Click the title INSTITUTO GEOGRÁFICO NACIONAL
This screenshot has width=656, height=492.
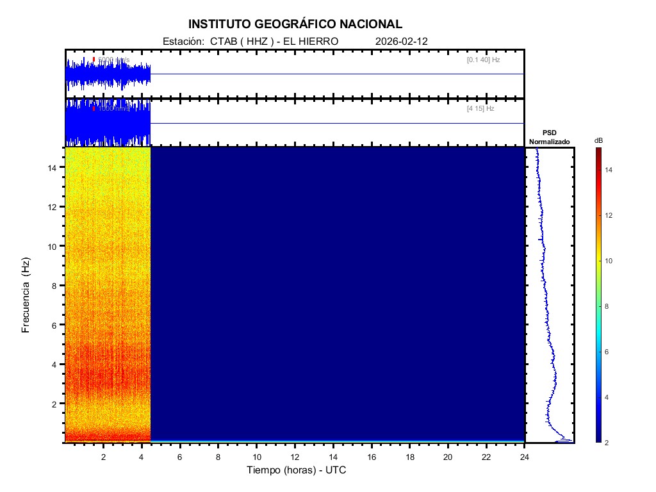pos(295,24)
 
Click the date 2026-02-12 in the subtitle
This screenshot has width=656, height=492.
pos(402,41)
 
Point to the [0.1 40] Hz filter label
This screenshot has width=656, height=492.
pos(483,60)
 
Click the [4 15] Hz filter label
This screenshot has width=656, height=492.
pos(480,109)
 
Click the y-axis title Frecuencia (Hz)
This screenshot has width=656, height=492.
pos(26,295)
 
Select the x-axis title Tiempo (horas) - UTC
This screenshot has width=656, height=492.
pos(297,470)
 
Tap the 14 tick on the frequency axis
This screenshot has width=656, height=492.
pos(54,167)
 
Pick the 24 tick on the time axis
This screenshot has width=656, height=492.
pos(525,457)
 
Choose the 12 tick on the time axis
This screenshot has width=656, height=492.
pos(295,457)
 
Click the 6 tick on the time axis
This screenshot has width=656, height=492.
pos(180,457)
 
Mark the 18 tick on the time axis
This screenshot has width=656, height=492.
pos(410,457)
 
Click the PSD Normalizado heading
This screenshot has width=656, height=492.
pos(549,136)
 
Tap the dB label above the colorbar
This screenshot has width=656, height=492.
pos(599,140)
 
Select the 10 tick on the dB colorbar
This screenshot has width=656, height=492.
pos(611,261)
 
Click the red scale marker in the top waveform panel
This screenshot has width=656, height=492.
pos(94,60)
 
